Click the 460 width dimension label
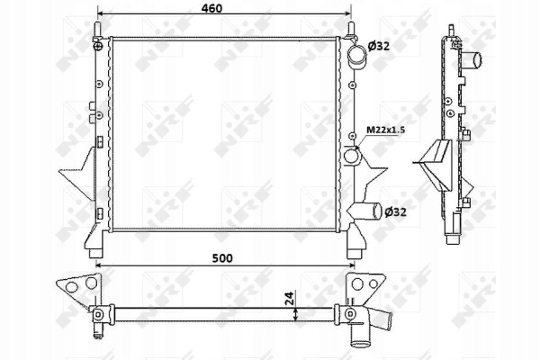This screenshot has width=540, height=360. tap(211, 8)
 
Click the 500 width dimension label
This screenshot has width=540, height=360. tap(222, 257)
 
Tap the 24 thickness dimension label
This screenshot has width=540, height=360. tap(290, 299)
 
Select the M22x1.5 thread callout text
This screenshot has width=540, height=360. tap(385, 130)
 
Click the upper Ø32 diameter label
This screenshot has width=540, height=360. tap(379, 46)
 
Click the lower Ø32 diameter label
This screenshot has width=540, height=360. tap(395, 212)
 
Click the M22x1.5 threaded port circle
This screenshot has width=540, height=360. tap(351, 156)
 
